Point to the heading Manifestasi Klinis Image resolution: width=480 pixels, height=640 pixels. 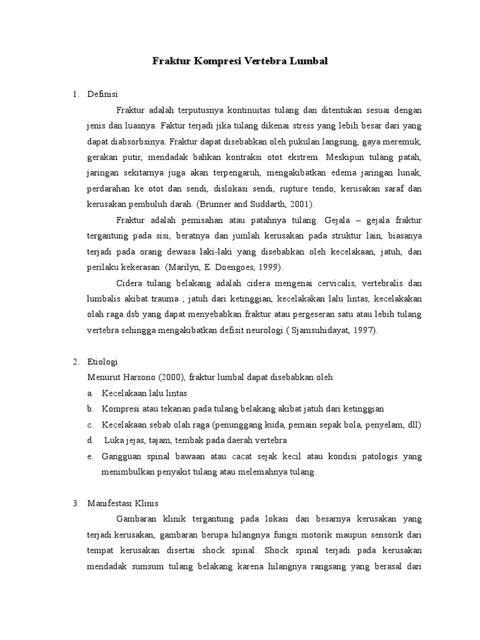(124, 504)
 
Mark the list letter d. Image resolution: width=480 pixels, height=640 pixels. (90, 441)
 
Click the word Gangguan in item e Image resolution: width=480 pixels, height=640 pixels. (121, 456)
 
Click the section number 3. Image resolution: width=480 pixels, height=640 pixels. (76, 504)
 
